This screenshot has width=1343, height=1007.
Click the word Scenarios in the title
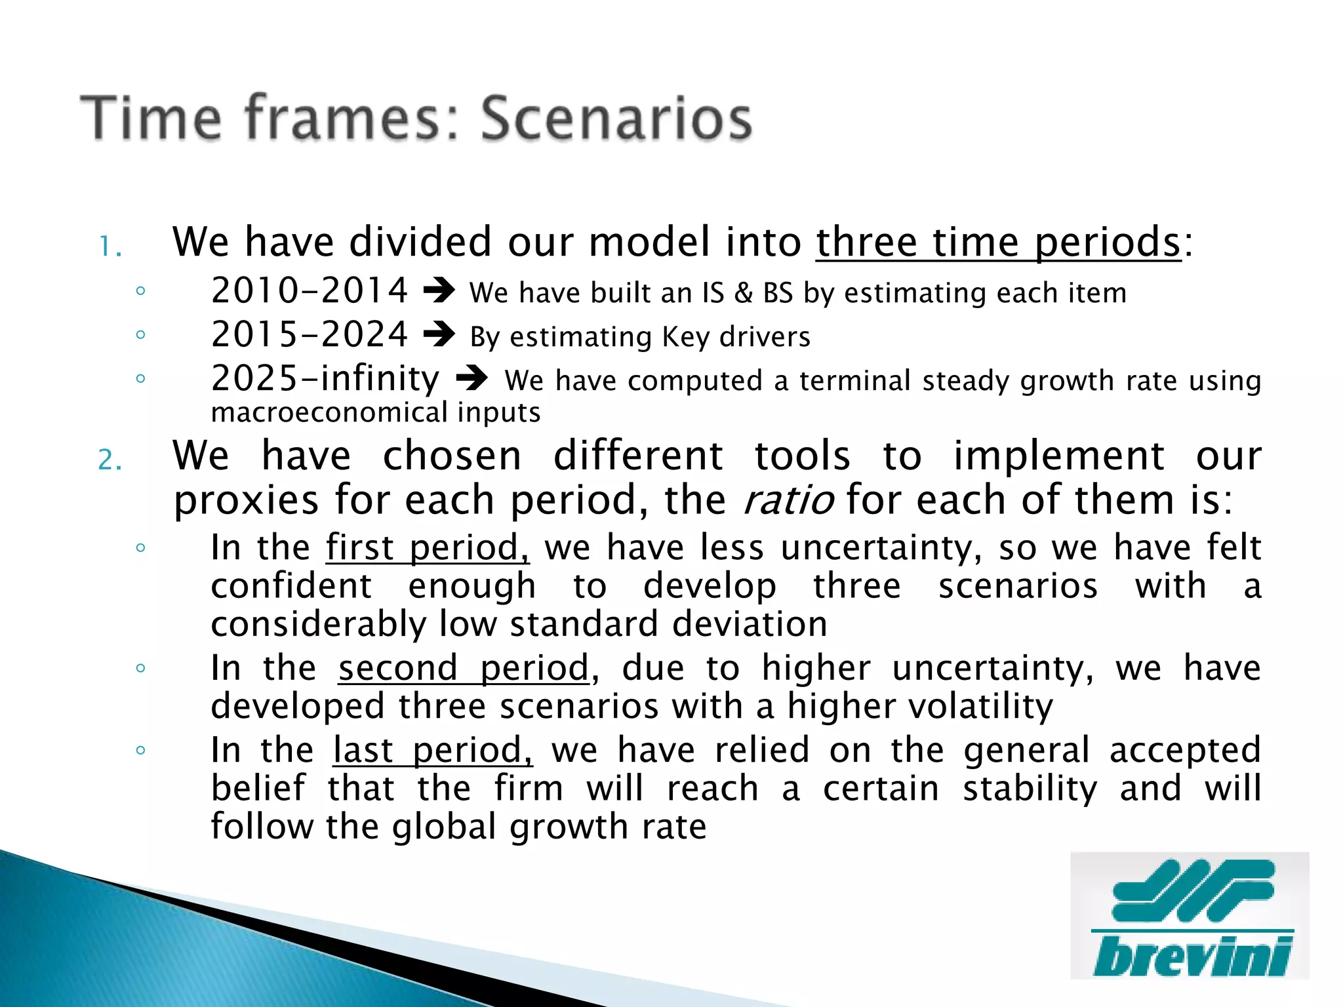(x=616, y=119)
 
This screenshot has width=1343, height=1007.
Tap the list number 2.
(x=110, y=460)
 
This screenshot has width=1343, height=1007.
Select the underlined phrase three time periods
(x=998, y=243)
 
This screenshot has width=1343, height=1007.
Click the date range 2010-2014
(x=310, y=291)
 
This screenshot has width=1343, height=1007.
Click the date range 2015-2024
(x=310, y=335)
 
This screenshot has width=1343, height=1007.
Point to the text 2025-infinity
(x=325, y=379)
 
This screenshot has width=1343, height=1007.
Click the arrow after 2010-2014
(x=439, y=291)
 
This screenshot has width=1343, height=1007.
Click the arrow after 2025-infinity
(x=471, y=379)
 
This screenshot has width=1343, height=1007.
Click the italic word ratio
(x=788, y=501)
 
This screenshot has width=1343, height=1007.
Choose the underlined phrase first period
(x=428, y=548)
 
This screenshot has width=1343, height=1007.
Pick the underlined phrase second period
(x=464, y=669)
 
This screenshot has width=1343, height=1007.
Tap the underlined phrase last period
(x=433, y=751)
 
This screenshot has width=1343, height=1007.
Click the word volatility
(x=920, y=707)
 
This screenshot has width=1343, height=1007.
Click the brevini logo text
(x=1192, y=957)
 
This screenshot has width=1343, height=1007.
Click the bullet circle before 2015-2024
(x=140, y=335)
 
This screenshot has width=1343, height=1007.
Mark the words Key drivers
(x=736, y=337)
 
